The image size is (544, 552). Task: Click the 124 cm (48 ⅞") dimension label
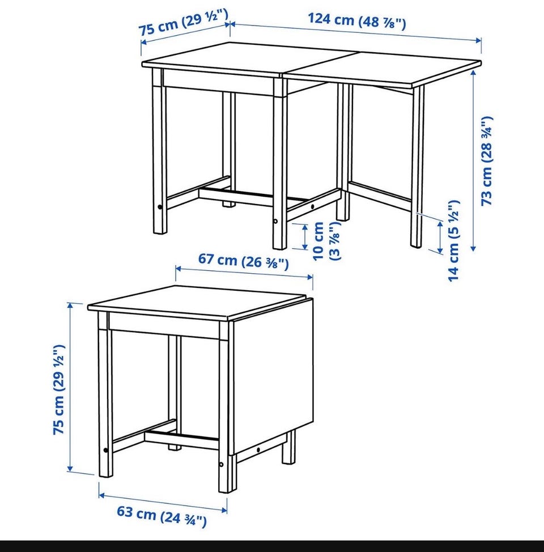click(357, 21)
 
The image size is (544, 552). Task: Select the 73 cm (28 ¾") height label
click(487, 160)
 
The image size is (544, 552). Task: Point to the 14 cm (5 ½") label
click(453, 241)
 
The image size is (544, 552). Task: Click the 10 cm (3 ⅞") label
click(326, 241)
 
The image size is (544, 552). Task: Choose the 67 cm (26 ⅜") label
click(243, 261)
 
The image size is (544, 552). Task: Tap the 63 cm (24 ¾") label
click(161, 516)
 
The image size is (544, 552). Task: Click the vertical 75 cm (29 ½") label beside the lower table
click(59, 389)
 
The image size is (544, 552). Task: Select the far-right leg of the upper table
click(417, 166)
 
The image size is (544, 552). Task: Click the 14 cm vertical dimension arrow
click(440, 237)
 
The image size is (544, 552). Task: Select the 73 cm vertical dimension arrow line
click(474, 160)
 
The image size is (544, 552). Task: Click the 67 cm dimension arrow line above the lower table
click(244, 273)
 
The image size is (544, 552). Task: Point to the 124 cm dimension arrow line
click(356, 32)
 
